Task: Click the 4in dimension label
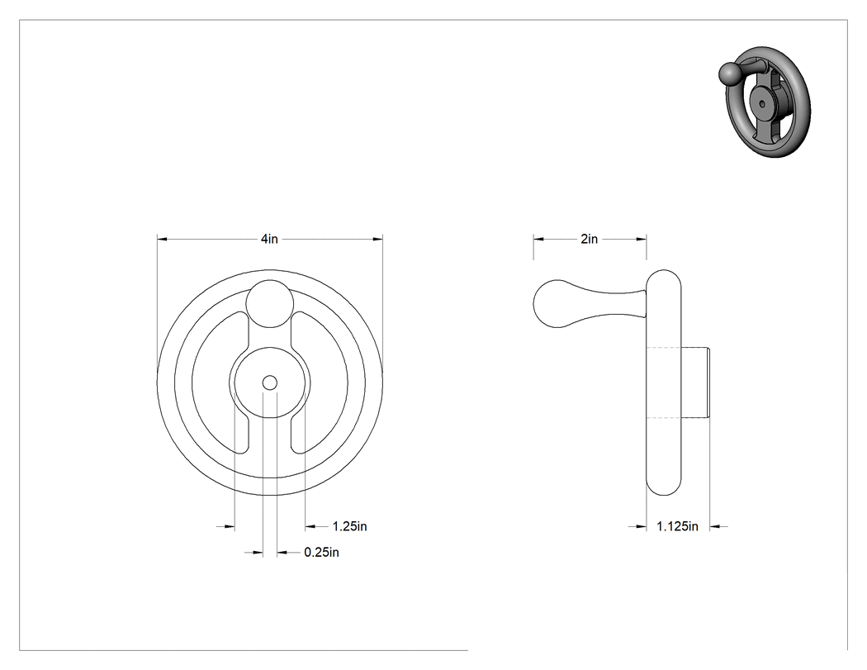(269, 239)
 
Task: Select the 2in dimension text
(590, 239)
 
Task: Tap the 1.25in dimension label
(349, 526)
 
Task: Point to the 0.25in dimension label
(321, 552)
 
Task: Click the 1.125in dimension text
(677, 526)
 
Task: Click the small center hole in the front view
(270, 383)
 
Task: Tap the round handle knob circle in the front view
(270, 303)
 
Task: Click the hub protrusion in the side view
(695, 383)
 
